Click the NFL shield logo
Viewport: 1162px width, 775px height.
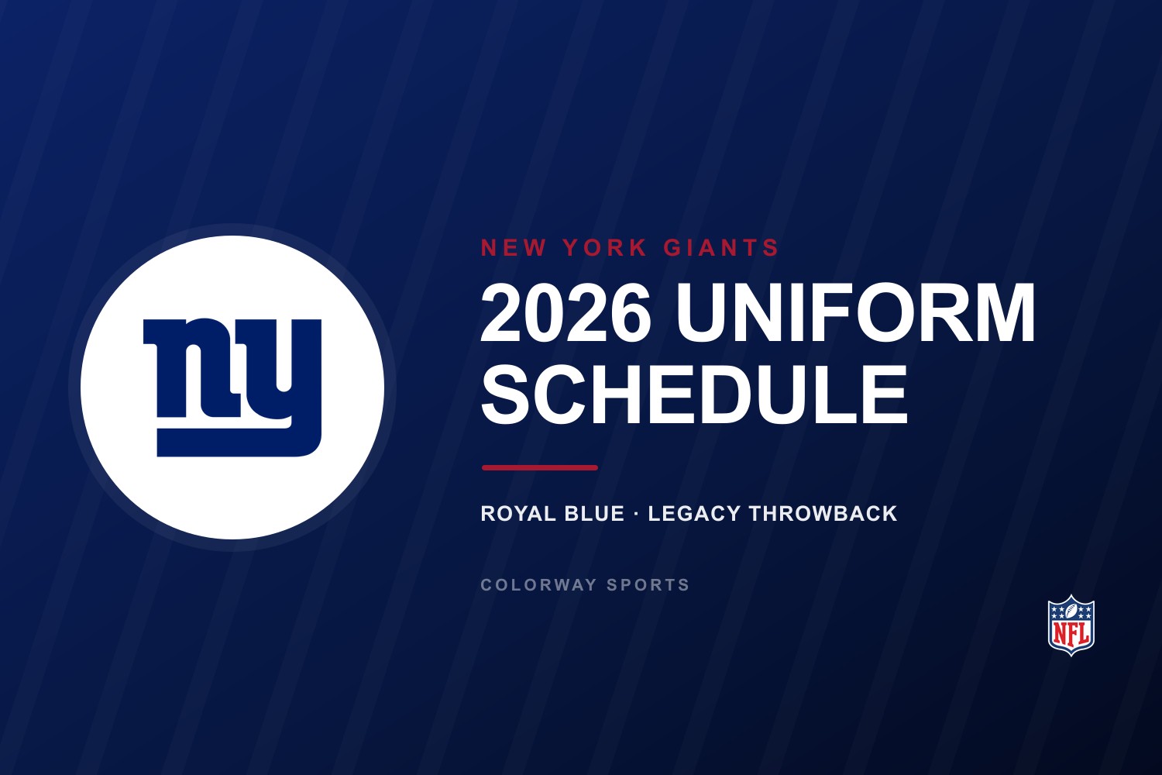click(1071, 625)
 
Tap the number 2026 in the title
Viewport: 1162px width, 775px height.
click(566, 314)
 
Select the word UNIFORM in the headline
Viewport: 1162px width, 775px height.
click(855, 313)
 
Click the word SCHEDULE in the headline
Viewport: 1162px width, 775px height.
click(695, 394)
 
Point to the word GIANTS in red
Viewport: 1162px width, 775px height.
click(721, 247)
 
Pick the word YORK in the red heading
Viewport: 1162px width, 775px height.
click(605, 247)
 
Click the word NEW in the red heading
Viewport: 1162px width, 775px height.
click(514, 247)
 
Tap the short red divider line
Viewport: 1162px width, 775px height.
click(539, 467)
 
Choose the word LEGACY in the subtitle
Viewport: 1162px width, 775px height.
click(694, 513)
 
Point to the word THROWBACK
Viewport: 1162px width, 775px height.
click(823, 513)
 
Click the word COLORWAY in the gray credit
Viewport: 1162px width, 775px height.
click(538, 585)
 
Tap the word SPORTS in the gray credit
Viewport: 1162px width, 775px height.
click(648, 585)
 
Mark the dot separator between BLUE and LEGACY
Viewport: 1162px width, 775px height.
click(636, 514)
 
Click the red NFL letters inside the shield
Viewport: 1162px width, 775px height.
click(1071, 634)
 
